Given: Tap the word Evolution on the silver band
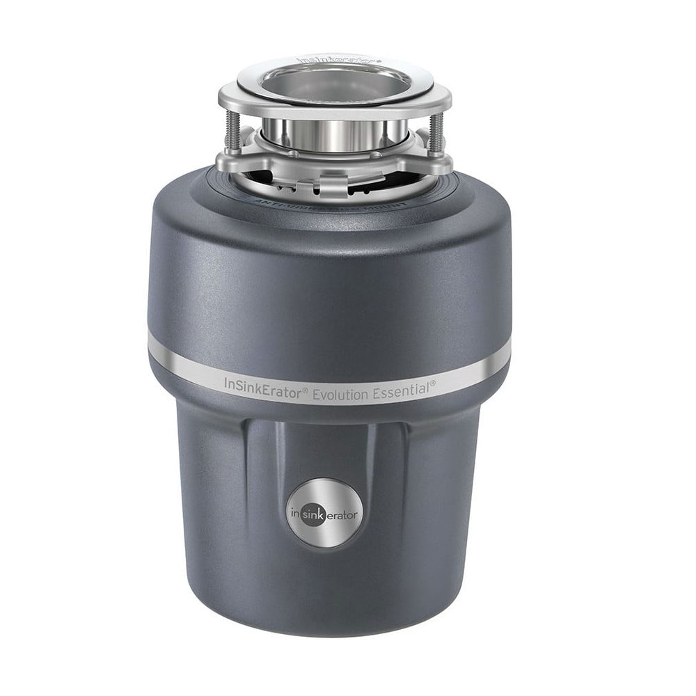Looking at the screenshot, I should coord(342,394).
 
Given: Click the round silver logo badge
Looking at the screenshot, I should coord(324,514).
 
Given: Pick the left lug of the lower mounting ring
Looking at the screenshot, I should coord(230,164).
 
